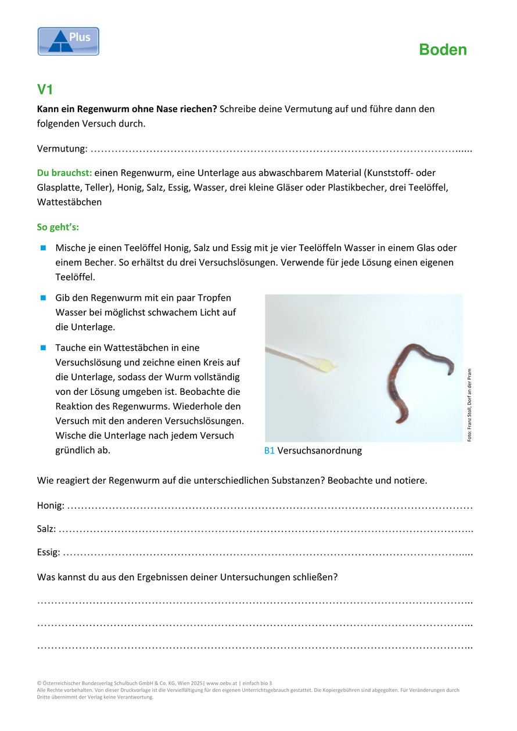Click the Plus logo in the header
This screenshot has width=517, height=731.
tap(69, 41)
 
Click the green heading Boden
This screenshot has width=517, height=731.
tap(443, 50)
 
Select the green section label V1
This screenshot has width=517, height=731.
tap(45, 89)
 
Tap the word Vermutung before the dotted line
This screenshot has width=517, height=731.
tap(61, 149)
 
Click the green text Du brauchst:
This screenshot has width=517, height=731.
tap(64, 172)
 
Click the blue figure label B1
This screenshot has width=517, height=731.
tap(269, 451)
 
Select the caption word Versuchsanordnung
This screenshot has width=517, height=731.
tap(319, 451)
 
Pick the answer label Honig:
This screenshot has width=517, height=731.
tap(51, 506)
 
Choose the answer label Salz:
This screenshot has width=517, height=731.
tap(46, 529)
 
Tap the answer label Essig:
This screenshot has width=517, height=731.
tap(48, 552)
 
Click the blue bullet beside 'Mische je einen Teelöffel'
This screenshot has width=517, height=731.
tap(43, 248)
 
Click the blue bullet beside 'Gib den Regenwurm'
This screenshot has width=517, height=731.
tap(43, 297)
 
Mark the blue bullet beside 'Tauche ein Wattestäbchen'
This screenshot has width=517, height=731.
tap(43, 348)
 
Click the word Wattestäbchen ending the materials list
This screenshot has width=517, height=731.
tap(69, 202)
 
